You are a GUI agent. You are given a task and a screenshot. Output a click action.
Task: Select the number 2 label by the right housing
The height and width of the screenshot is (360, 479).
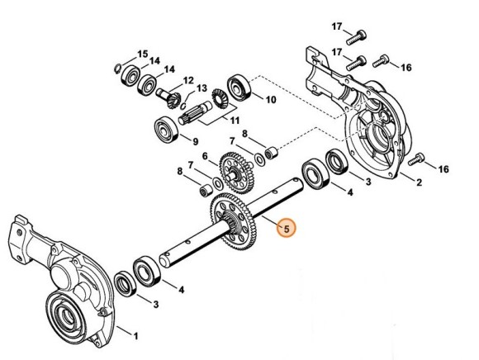(419, 182)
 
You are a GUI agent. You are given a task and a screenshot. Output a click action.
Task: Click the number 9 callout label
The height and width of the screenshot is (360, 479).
(195, 140)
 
